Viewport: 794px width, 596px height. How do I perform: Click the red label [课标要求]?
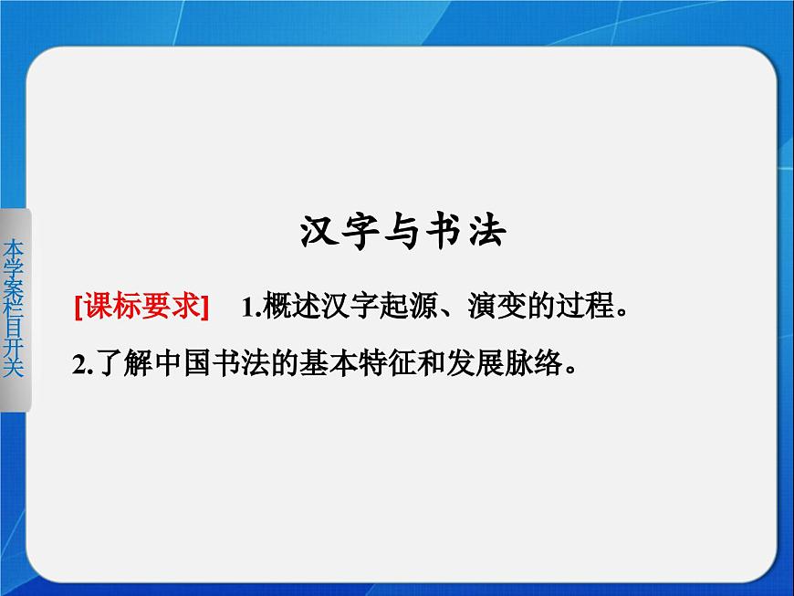pyautogui.click(x=141, y=307)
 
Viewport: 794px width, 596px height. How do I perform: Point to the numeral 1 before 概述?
pyautogui.click(x=246, y=308)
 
